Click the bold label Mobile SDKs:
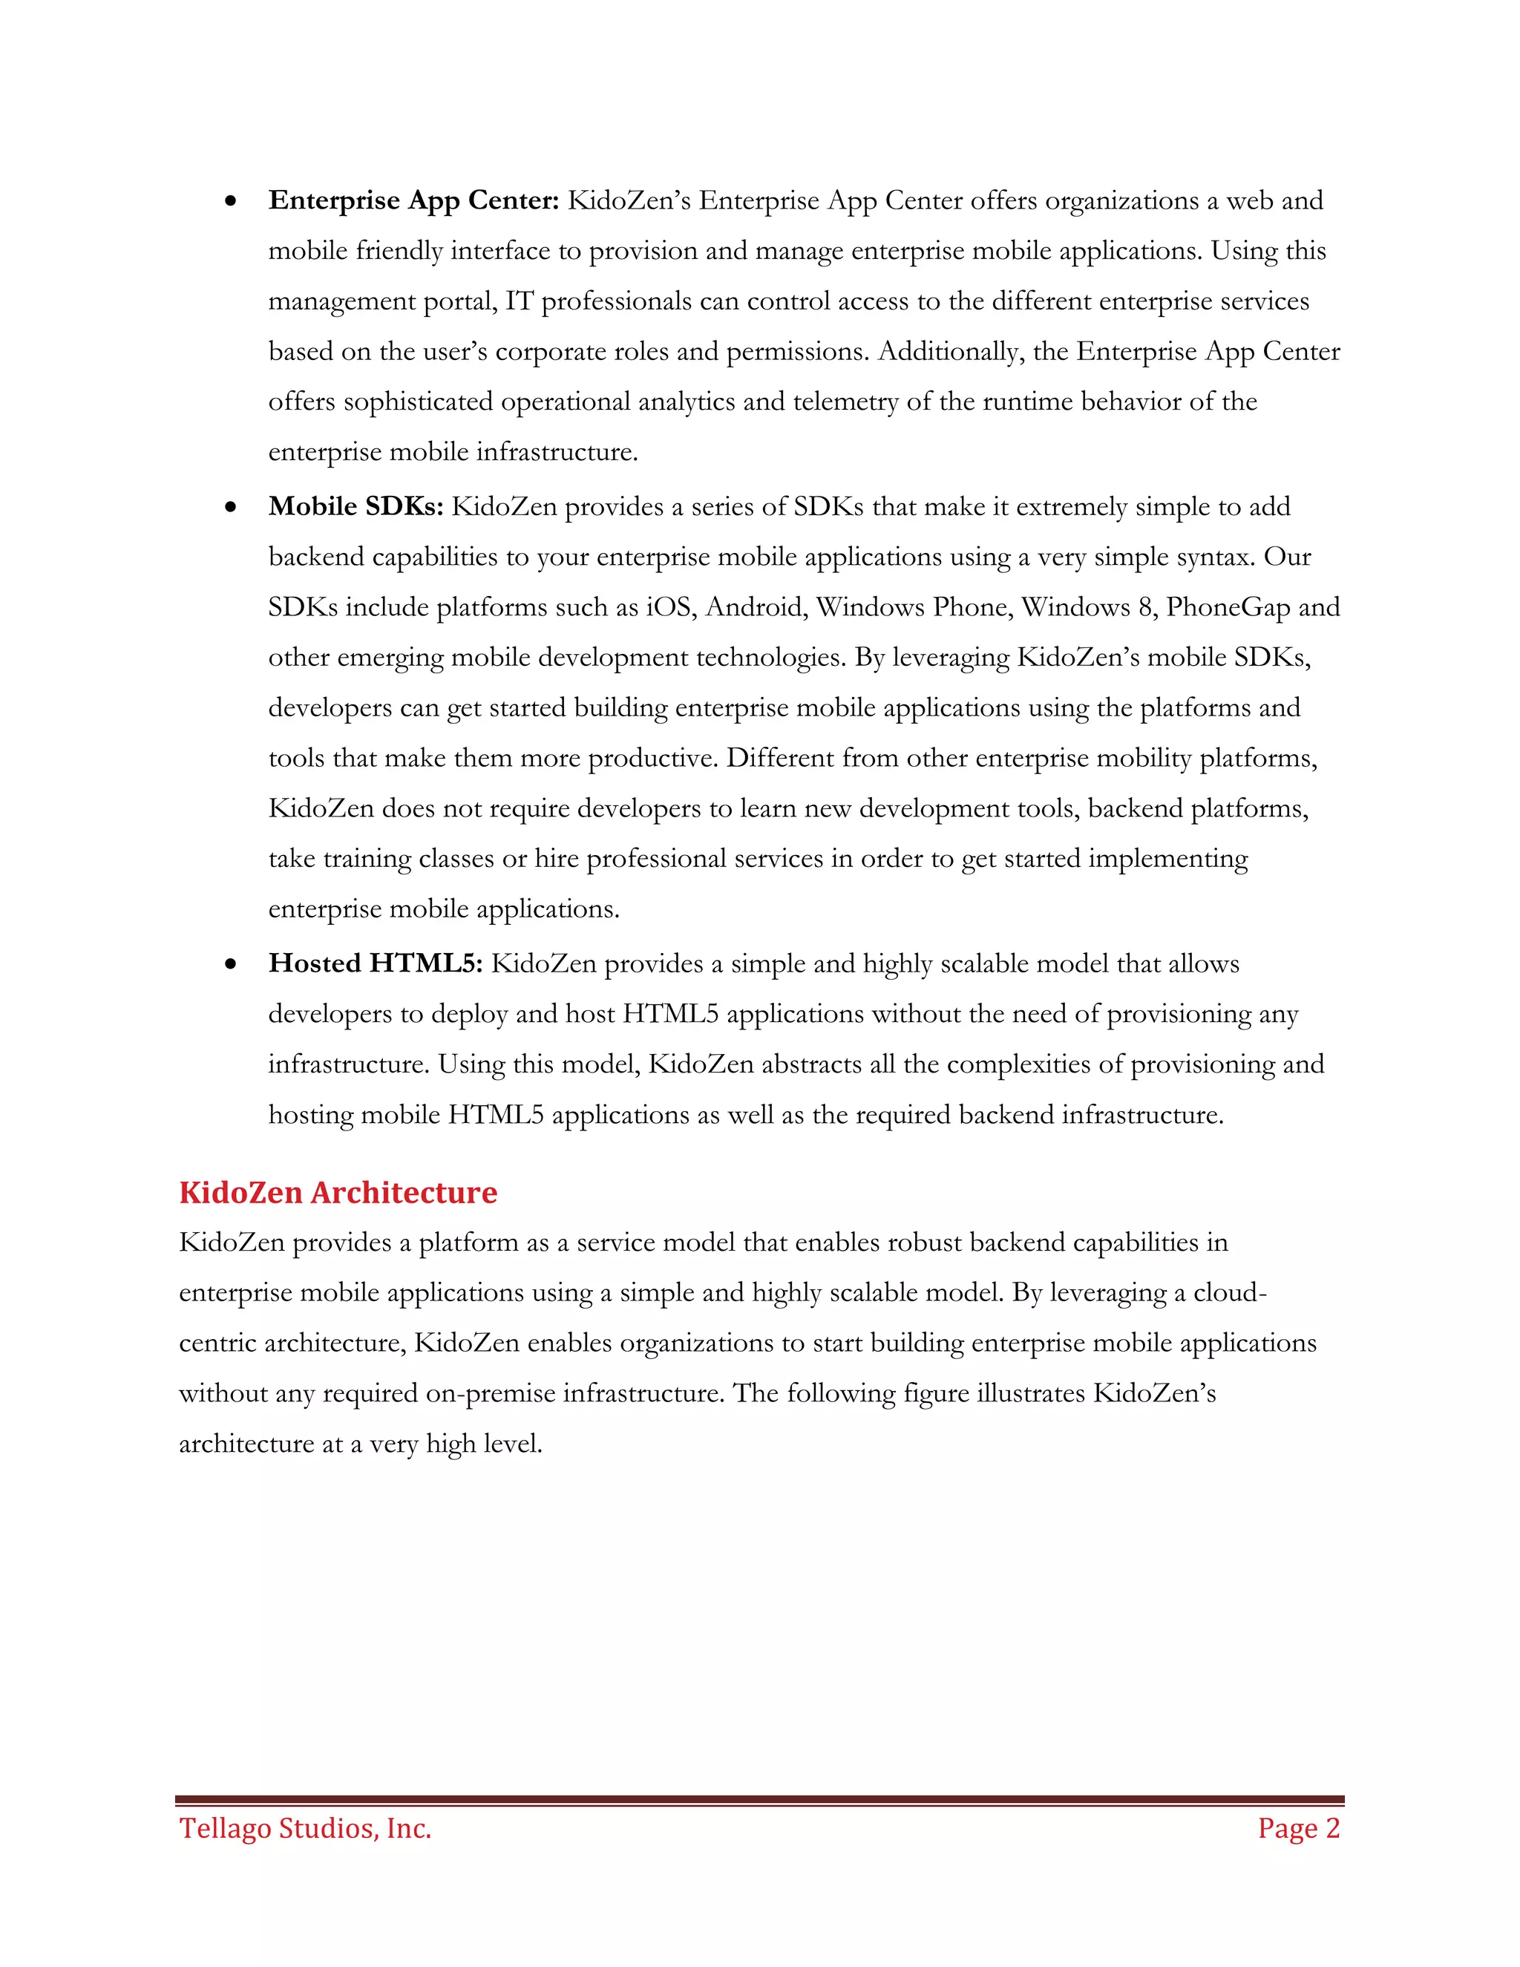click(x=356, y=506)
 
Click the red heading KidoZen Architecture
click(x=338, y=1193)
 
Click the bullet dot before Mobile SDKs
click(x=232, y=508)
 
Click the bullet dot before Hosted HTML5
click(x=232, y=966)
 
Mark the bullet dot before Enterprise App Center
click(x=232, y=202)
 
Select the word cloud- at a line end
click(x=1230, y=1292)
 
